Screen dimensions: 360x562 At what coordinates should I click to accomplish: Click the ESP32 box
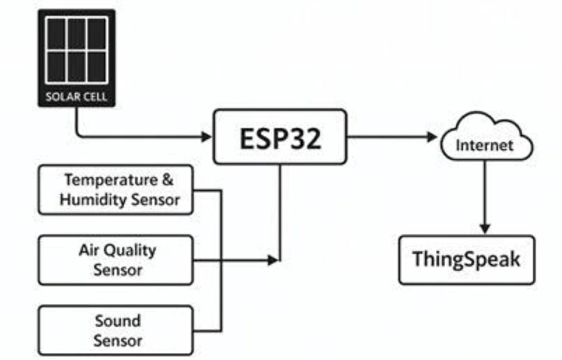[x=280, y=137]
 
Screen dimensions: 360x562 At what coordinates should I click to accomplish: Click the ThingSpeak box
[x=466, y=260]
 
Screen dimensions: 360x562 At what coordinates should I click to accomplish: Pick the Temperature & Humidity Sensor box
[x=116, y=190]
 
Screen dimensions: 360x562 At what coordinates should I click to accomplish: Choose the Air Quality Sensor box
[x=116, y=260]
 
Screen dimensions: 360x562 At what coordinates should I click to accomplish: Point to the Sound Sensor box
[x=116, y=330]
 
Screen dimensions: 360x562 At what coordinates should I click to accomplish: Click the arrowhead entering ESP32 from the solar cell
[x=206, y=137]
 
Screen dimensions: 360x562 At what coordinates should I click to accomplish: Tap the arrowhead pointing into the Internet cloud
[x=432, y=137]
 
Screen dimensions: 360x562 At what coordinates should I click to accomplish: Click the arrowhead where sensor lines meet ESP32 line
[x=273, y=260]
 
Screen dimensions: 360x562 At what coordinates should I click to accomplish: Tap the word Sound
[x=117, y=321]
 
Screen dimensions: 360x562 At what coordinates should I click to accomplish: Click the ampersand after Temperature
[x=167, y=180]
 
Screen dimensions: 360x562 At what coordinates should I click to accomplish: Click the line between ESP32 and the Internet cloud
[x=388, y=137]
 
